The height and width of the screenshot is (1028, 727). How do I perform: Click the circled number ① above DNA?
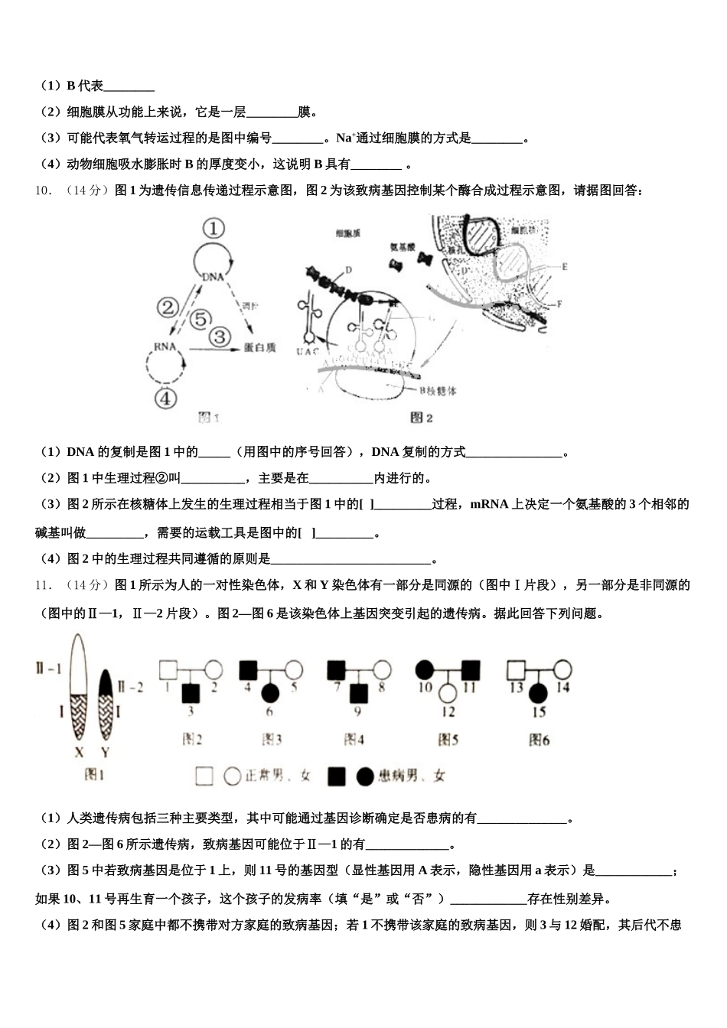click(215, 229)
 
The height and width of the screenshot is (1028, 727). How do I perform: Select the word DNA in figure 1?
click(214, 277)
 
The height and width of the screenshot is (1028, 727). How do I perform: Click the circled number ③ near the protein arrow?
click(220, 336)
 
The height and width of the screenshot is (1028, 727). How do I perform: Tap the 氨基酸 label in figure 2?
click(402, 247)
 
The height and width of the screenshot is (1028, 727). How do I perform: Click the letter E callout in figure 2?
click(565, 267)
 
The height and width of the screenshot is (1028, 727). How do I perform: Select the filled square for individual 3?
click(191, 693)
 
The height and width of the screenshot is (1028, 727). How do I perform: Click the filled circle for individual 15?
click(539, 693)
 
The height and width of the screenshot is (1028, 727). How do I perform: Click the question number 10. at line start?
click(44, 191)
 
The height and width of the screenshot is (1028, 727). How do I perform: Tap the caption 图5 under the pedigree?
click(448, 740)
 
